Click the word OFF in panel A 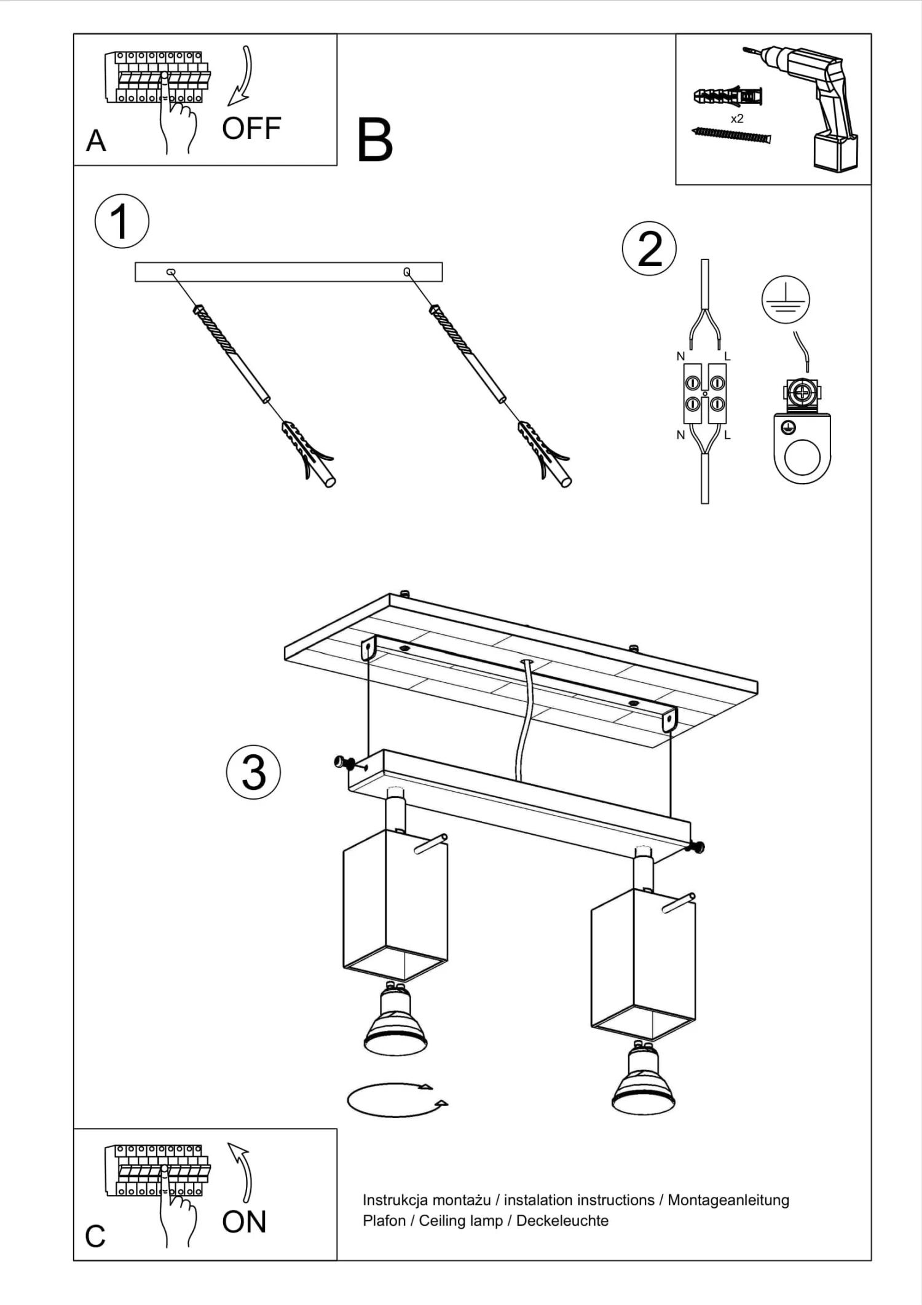pyautogui.click(x=251, y=129)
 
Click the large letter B pyautogui.click(x=374, y=141)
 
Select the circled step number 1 pyautogui.click(x=122, y=221)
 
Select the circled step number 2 pyautogui.click(x=649, y=248)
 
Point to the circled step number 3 pyautogui.click(x=253, y=772)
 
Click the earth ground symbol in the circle pyautogui.click(x=786, y=300)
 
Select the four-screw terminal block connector pyautogui.click(x=705, y=393)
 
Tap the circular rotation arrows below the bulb pyautogui.click(x=397, y=1100)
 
